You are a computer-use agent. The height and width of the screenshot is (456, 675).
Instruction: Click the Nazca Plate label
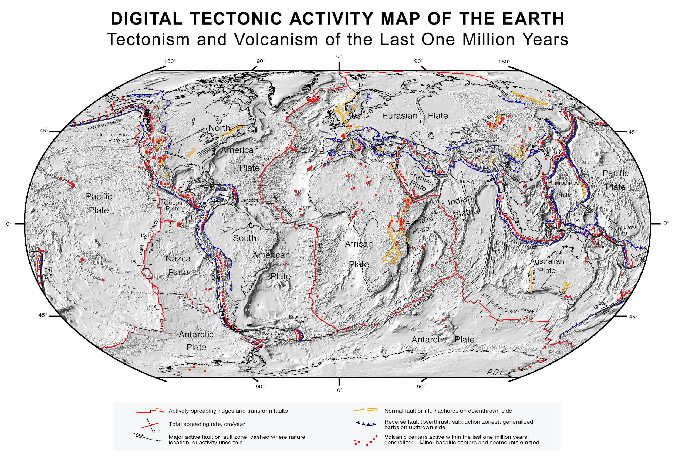click(x=178, y=265)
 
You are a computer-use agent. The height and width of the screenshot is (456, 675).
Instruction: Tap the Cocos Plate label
click(x=173, y=206)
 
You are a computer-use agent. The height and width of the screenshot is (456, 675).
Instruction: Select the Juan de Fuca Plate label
click(x=114, y=137)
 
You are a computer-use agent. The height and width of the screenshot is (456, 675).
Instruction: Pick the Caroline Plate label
click(x=582, y=217)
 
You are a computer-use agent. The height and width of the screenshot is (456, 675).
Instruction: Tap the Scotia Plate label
click(x=271, y=334)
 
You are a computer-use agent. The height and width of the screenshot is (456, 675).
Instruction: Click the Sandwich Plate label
click(x=299, y=319)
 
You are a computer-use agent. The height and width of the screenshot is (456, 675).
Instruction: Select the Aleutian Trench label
click(x=105, y=124)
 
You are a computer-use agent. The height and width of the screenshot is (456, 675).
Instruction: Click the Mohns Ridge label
click(x=337, y=87)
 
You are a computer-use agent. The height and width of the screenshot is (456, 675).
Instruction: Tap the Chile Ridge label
click(x=195, y=308)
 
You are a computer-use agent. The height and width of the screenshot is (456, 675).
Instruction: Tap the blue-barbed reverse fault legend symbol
click(x=366, y=424)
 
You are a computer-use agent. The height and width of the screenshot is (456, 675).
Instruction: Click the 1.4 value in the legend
click(x=157, y=431)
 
